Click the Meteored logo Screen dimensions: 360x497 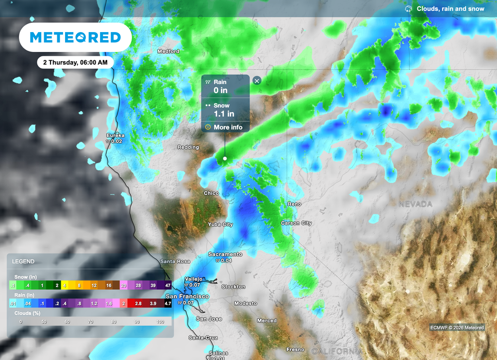pyautogui.click(x=75, y=37)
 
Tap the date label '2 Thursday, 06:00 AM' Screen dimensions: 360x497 pyautogui.click(x=75, y=62)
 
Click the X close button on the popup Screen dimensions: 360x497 pyautogui.click(x=257, y=81)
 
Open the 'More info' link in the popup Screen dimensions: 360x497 pyautogui.click(x=228, y=127)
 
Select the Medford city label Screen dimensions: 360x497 pyautogui.click(x=168, y=51)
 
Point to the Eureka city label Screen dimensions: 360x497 pyautogui.click(x=116, y=135)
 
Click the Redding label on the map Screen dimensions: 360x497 pyautogui.click(x=188, y=147)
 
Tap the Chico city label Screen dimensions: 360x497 pyautogui.click(x=211, y=193)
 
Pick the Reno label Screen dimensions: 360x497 pyautogui.click(x=295, y=204)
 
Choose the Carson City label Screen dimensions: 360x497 pyautogui.click(x=296, y=223)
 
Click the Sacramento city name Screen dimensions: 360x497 pyautogui.click(x=225, y=254)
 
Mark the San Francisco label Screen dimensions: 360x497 pyautogui.click(x=187, y=296)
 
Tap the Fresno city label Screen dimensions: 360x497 pyautogui.click(x=295, y=349)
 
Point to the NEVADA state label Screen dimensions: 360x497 pyautogui.click(x=415, y=204)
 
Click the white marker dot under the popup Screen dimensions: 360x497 pyautogui.click(x=225, y=158)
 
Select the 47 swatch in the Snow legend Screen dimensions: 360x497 pyautogui.click(x=167, y=285)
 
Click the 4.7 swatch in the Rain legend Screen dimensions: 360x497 pyautogui.click(x=167, y=303)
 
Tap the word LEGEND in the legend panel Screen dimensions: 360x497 pyautogui.click(x=23, y=262)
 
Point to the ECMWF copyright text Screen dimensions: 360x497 pyautogui.click(x=457, y=327)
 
